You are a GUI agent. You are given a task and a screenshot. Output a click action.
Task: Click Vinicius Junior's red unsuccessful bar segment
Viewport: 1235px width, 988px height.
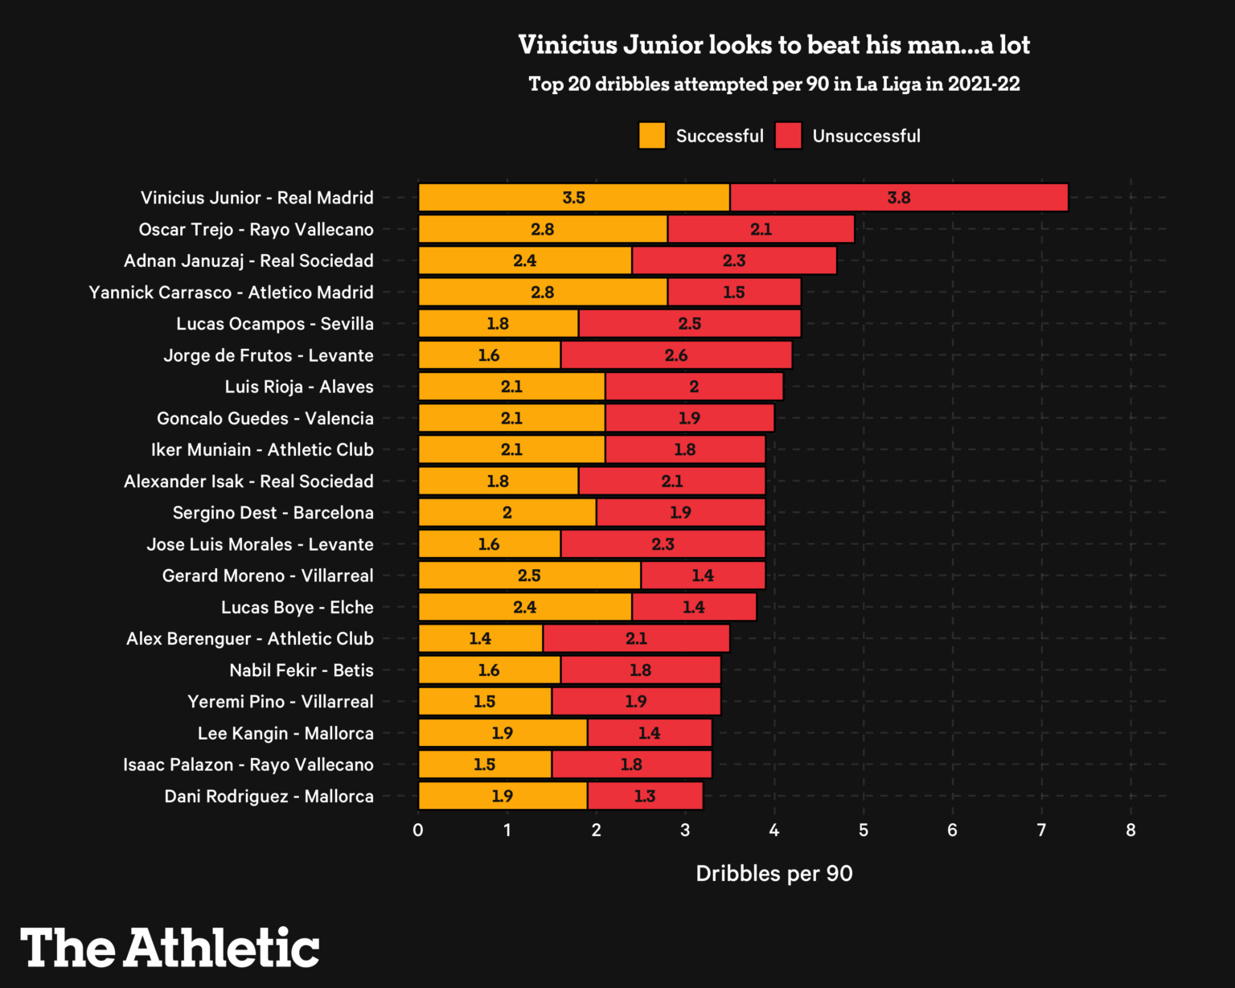899,198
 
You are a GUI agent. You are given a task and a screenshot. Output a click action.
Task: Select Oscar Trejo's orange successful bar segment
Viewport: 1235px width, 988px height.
543,229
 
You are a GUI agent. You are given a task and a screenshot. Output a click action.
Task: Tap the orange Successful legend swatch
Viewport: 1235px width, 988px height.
652,136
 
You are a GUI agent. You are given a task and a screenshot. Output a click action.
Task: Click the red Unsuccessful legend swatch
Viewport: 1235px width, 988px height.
789,136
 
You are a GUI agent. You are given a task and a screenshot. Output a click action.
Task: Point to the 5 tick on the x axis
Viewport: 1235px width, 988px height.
864,830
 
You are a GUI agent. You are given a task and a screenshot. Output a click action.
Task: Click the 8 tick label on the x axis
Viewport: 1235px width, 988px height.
1130,830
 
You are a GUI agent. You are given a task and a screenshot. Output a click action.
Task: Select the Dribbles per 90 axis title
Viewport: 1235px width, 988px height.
773,874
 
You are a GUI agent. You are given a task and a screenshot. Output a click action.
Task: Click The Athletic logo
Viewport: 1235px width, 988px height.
170,948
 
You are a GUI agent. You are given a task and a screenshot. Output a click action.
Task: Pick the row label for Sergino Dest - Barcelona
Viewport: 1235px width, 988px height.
273,513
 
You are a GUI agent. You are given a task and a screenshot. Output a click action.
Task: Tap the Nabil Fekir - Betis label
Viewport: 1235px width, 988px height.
301,670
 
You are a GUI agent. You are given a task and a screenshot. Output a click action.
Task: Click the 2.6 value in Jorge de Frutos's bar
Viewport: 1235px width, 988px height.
676,355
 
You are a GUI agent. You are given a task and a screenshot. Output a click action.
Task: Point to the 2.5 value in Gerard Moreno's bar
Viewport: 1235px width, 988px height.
529,576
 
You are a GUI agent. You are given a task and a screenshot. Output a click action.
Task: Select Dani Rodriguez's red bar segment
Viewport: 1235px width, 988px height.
645,796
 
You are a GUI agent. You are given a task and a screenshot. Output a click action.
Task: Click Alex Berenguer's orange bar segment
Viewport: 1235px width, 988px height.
480,638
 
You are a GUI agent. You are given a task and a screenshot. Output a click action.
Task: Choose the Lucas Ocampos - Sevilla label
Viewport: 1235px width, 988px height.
275,324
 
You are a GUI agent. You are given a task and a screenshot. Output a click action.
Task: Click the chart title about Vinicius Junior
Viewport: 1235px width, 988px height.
773,45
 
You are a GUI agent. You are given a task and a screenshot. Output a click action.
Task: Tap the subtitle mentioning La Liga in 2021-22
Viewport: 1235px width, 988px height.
773,84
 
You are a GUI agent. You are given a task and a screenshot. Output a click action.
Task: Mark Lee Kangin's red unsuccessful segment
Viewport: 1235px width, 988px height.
649,733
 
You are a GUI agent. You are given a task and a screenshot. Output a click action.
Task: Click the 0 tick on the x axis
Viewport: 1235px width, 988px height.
418,830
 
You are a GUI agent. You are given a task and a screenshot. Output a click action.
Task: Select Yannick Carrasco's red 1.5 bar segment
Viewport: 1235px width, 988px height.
733,293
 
